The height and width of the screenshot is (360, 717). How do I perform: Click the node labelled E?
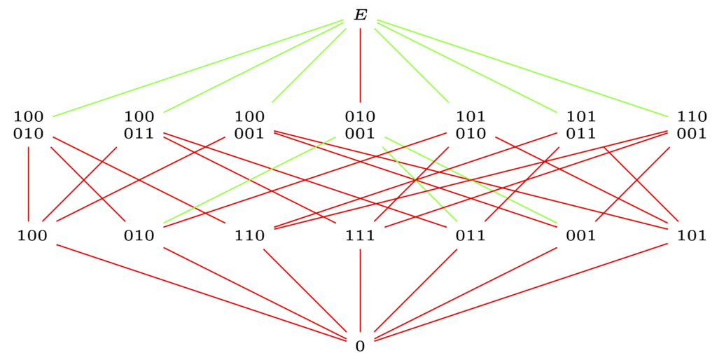361,15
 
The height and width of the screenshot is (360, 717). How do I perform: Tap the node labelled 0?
361,346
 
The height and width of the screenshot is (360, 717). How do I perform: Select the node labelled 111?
361,235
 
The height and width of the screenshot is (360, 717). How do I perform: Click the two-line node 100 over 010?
28,125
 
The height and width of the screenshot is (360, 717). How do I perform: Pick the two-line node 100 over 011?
139,125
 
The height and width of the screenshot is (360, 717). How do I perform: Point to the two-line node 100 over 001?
250,125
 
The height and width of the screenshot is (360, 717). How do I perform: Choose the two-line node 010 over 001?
361,125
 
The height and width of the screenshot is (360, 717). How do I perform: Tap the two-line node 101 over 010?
471,125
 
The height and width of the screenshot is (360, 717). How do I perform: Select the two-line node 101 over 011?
581,125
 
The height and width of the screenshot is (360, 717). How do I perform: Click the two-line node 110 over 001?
692,125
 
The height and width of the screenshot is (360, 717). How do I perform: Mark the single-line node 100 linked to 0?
32,235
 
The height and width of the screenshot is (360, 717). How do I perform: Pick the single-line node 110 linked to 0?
250,235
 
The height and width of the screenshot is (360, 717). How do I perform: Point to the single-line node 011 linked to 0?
471,235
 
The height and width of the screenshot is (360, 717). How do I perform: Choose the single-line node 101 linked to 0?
692,235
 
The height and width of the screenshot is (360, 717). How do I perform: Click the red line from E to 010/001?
361,65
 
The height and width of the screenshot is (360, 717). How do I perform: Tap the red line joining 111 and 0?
361,290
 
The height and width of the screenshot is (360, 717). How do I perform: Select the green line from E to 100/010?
198,68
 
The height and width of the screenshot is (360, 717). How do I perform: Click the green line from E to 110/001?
522,68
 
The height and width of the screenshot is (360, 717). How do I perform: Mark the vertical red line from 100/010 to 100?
29,184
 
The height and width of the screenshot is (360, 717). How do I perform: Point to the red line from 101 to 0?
521,292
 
